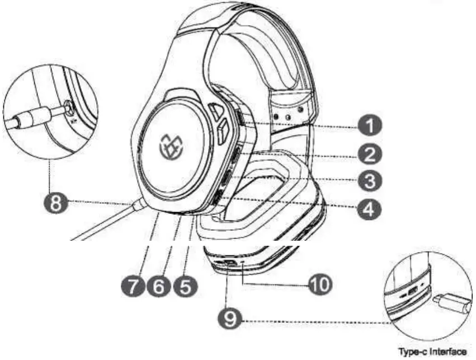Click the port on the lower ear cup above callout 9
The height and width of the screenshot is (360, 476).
point(229,262)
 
